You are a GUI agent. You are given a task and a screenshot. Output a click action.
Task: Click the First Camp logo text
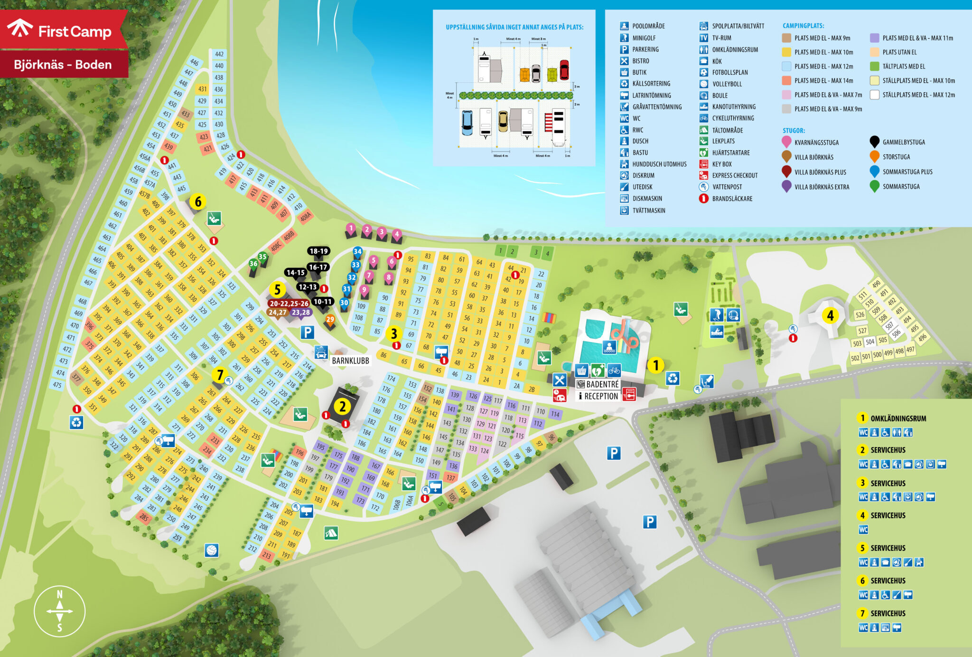click(75, 31)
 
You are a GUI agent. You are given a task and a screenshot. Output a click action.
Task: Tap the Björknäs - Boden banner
click(63, 65)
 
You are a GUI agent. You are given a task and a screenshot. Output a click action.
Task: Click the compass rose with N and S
click(60, 611)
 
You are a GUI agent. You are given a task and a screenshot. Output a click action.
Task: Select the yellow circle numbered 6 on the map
click(198, 202)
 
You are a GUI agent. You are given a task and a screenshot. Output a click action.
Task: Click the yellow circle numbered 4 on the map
click(830, 315)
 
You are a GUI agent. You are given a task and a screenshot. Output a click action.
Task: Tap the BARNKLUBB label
click(350, 361)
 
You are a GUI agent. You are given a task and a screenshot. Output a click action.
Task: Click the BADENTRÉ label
click(602, 384)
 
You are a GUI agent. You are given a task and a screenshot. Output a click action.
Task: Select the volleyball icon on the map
click(212, 550)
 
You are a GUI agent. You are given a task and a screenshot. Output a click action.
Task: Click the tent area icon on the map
click(331, 533)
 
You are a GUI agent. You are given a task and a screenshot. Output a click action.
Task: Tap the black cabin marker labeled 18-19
click(318, 251)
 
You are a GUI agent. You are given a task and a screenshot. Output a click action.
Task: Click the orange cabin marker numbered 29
click(330, 320)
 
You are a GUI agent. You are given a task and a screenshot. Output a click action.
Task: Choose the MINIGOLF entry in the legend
click(644, 38)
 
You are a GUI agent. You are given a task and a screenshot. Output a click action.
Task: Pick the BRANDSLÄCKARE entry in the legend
click(732, 199)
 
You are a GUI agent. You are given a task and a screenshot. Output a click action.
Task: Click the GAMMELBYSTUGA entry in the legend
click(903, 142)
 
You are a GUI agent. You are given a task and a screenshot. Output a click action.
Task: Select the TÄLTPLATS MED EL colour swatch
click(874, 67)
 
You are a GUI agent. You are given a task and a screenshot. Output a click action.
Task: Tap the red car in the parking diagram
click(564, 69)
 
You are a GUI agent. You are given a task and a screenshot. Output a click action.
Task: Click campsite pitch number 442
click(219, 54)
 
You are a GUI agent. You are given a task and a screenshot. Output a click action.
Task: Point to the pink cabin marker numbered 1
click(351, 229)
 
